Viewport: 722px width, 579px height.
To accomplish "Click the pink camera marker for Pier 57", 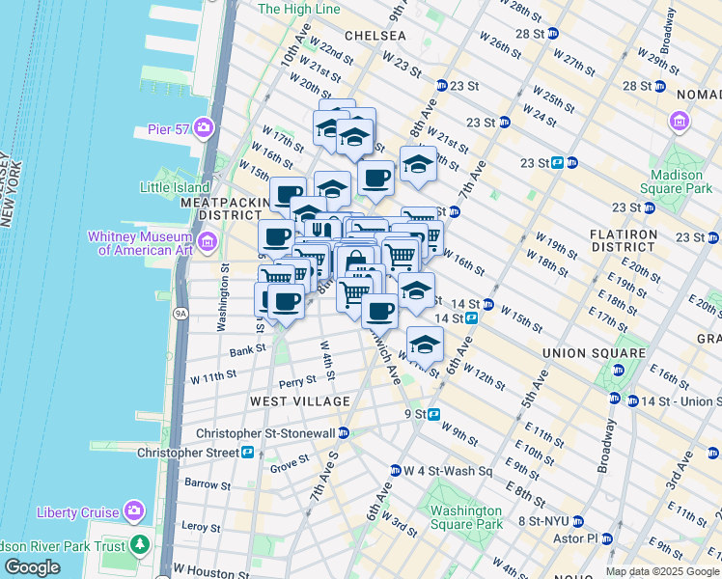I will pos(203,127).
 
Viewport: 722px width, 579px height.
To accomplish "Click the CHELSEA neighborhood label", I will pos(374,35).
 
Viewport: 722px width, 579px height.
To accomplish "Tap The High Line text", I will pos(300,9).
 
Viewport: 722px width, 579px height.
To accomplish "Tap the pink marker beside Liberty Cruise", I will pos(133,511).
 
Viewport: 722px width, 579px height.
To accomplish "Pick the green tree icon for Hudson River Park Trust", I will pos(140,546).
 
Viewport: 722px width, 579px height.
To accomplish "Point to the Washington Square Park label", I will pos(466,517).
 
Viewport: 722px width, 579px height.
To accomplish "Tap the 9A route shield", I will pos(180,314).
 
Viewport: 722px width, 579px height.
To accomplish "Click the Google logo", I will pos(33,567).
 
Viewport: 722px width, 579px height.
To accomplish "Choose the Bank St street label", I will pos(247,350).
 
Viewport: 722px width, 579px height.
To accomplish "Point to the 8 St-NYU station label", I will pos(547,521).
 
